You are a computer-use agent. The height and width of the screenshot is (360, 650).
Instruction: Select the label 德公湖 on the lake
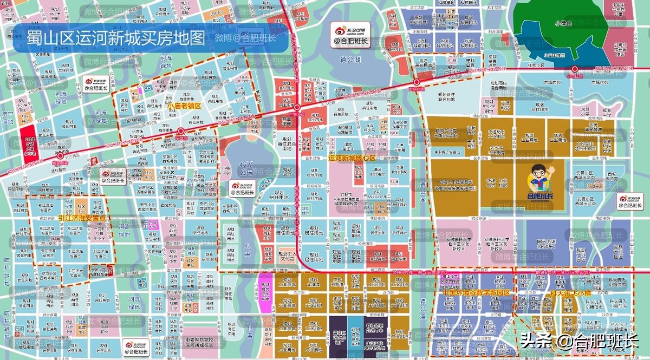(350, 59)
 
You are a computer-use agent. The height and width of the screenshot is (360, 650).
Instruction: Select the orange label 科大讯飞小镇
(571, 292)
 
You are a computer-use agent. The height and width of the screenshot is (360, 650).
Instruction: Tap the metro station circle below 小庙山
(575, 69)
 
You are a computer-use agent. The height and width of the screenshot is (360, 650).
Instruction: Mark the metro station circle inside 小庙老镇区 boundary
(180, 131)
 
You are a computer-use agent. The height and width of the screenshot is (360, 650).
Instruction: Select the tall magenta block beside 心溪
(265, 292)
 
